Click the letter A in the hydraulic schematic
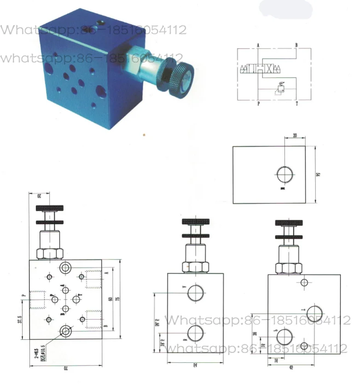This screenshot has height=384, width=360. click(x=258, y=45)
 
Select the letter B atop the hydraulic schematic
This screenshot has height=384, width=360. click(x=296, y=45)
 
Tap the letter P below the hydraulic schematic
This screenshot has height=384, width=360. click(x=258, y=104)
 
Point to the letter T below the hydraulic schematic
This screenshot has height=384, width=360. click(x=296, y=104)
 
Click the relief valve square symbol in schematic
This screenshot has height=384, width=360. click(x=281, y=86)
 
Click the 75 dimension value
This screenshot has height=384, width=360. click(x=118, y=299)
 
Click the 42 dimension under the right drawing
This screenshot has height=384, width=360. click(x=304, y=367)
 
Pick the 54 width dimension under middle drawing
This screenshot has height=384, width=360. click(x=196, y=364)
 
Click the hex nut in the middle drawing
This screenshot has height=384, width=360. click(x=196, y=267)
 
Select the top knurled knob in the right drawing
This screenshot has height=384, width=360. click(x=289, y=223)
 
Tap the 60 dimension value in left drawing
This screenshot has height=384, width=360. click(x=110, y=299)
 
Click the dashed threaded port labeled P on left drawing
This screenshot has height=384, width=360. click(x=37, y=300)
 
